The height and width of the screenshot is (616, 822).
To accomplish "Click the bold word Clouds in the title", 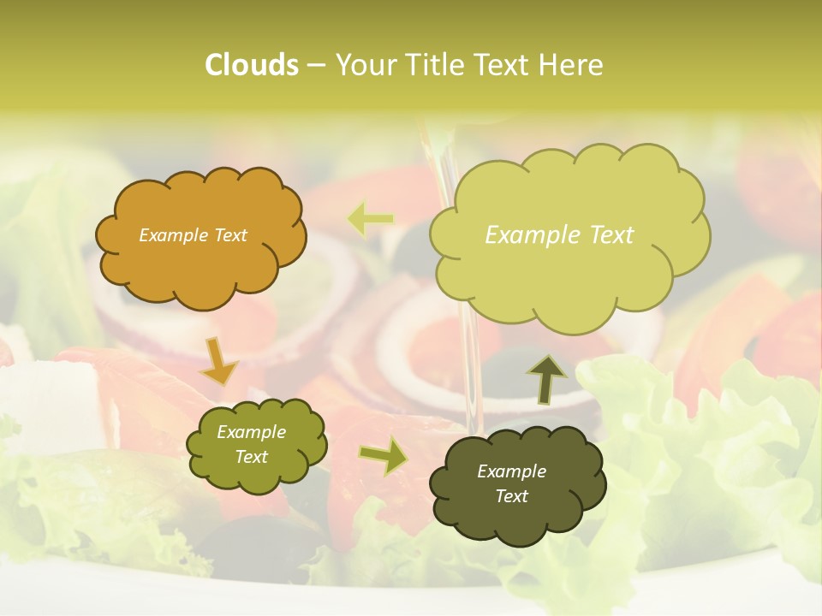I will [251, 65].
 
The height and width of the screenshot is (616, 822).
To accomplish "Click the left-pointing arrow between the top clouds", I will [370, 219].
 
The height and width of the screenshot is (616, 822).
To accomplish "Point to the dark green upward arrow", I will [545, 379].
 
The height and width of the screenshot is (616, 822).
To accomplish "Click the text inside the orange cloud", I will [193, 235].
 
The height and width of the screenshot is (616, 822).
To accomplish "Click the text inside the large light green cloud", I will [559, 235].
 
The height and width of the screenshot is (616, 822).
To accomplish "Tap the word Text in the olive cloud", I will [251, 457].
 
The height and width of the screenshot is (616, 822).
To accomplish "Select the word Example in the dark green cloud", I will [511, 471].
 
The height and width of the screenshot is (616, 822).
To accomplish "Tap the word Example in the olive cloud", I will [251, 432].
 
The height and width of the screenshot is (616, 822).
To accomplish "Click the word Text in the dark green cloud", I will [511, 496].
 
